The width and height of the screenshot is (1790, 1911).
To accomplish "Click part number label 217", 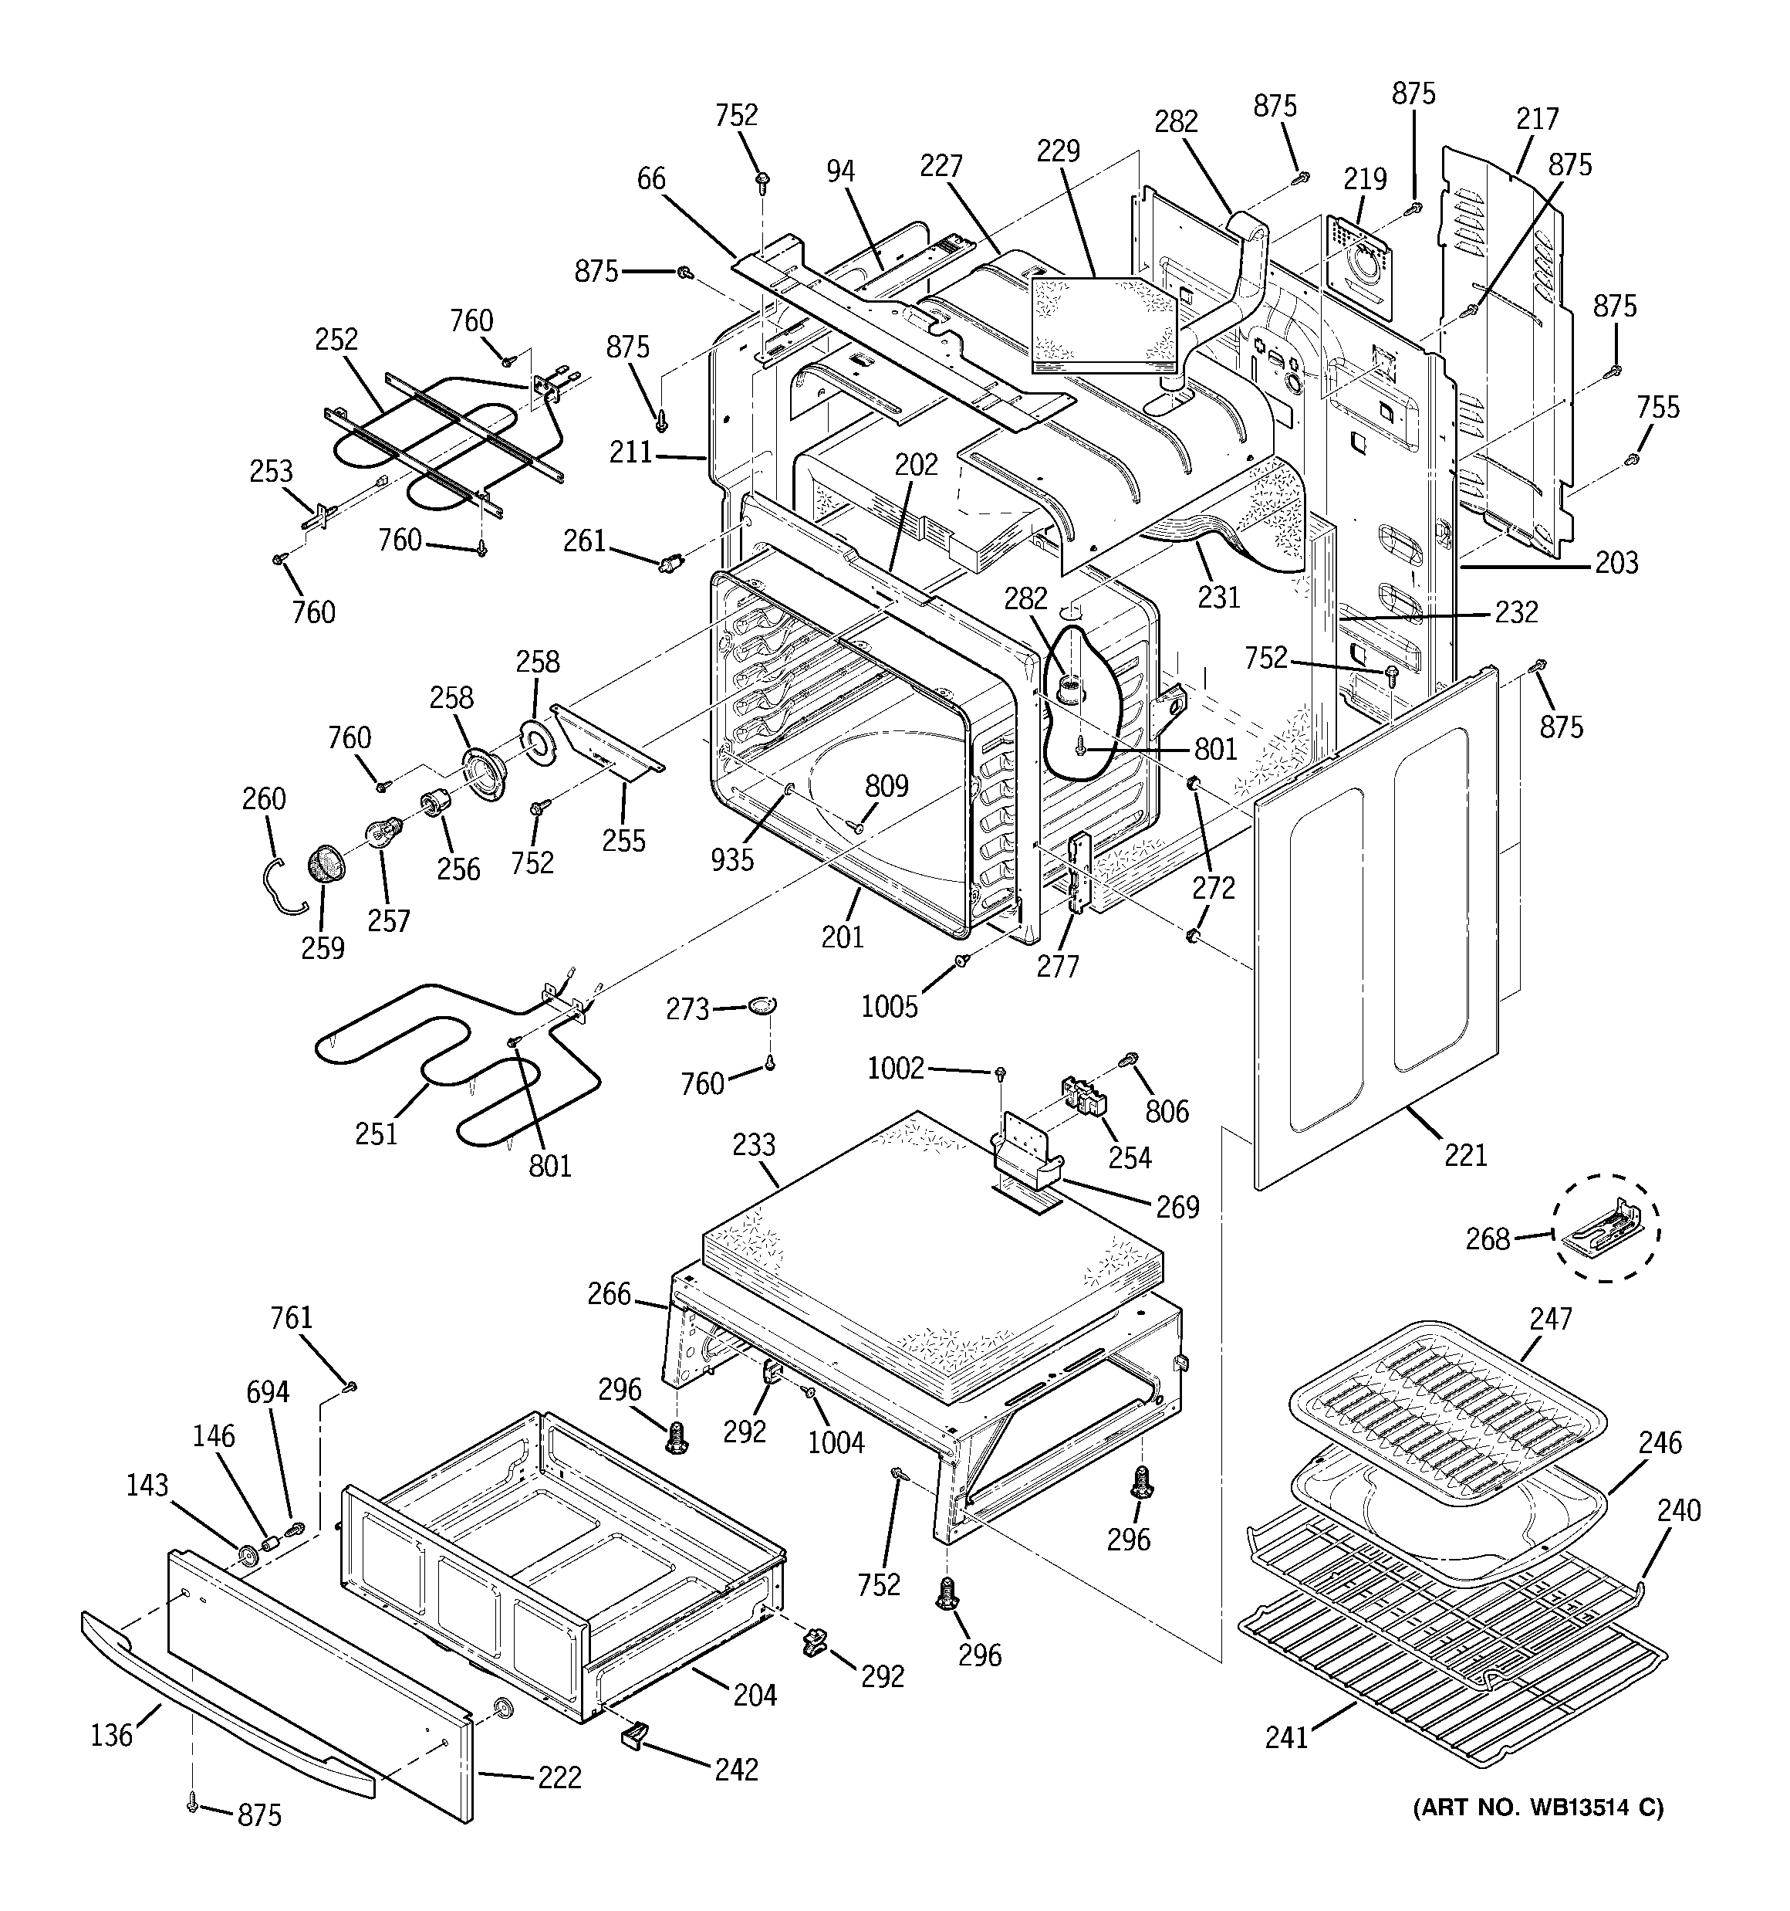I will [1537, 119].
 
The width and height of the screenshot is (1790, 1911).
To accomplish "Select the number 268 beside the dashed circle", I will [1488, 1239].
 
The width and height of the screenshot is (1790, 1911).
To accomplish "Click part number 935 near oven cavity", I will [732, 859].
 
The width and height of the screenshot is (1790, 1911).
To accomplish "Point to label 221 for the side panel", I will [1465, 1154].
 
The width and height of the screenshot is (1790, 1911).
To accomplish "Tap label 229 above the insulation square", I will [1058, 151].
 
